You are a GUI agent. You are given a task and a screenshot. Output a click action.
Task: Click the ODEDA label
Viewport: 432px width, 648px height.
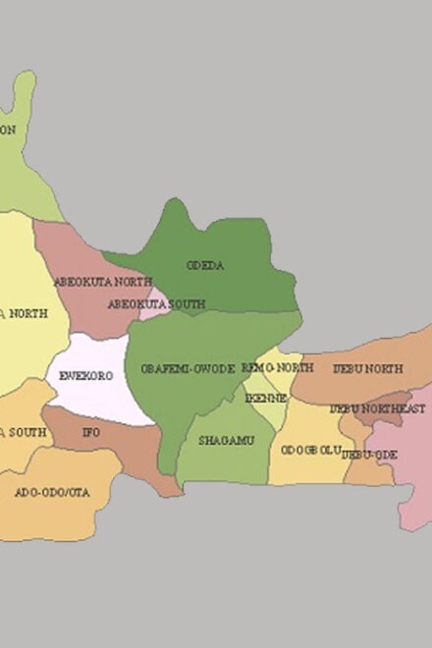205,265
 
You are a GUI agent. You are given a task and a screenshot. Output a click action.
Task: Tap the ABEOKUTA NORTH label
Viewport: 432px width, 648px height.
102,282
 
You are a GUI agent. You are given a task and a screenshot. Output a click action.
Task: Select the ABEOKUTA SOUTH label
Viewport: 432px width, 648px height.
156,304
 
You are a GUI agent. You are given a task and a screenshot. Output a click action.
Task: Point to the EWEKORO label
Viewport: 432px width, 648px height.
85,376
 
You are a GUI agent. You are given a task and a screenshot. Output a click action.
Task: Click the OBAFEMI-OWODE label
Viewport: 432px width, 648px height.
188,369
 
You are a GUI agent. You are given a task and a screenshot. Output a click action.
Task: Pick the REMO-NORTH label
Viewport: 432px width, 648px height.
277,367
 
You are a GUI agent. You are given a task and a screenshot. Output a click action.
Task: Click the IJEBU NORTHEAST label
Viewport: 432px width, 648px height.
377,408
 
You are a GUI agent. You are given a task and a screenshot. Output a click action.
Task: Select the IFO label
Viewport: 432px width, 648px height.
90,432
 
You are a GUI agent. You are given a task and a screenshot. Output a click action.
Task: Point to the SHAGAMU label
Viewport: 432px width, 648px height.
226,441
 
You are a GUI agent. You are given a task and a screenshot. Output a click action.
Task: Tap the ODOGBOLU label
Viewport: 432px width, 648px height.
310,450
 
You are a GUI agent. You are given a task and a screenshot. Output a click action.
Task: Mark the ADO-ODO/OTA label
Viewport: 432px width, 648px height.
51,492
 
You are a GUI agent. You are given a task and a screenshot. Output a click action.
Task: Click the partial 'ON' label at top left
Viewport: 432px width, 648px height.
8,130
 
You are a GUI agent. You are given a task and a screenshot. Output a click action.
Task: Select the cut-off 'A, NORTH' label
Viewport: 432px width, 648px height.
23,313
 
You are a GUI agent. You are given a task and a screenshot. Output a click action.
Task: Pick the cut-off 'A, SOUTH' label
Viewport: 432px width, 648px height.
22,432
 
